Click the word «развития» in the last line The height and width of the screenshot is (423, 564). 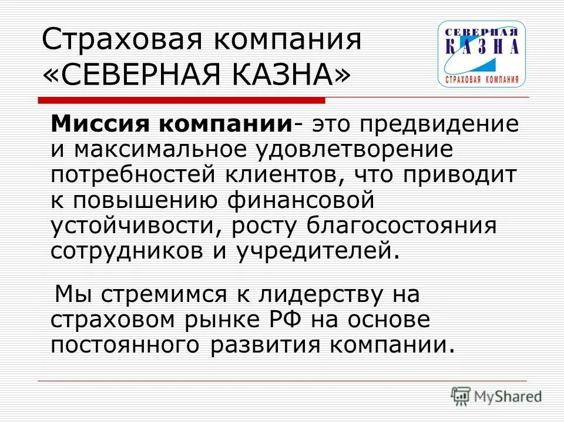click(264, 344)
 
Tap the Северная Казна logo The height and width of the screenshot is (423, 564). click(481, 54)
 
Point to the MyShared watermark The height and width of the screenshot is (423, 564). click(497, 396)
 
